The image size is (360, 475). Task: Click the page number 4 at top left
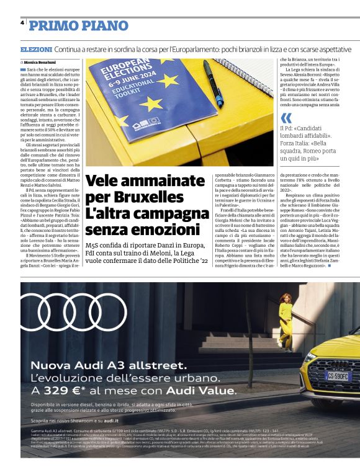coord(22,22)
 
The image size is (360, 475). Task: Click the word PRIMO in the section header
coord(52,25)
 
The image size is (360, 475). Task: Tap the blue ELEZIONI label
coord(35,49)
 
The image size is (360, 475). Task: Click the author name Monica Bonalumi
coord(43,63)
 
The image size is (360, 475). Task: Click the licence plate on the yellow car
coord(339,376)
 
